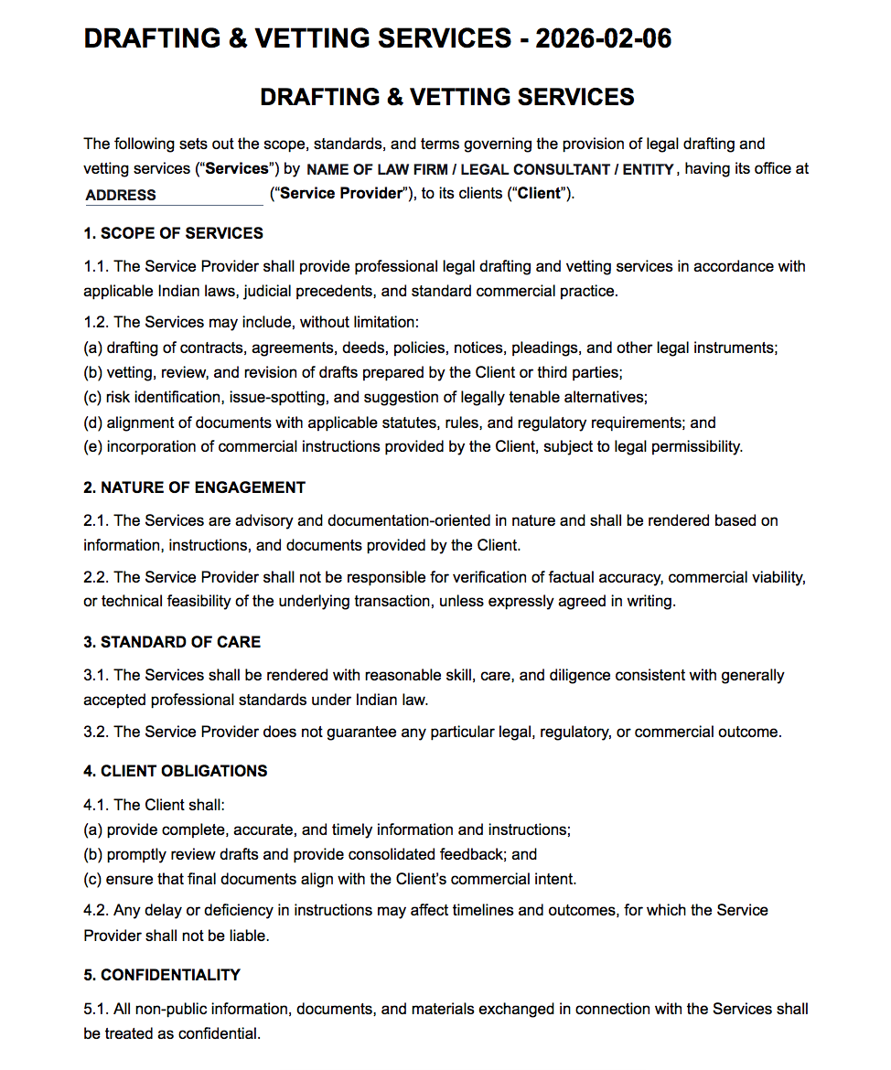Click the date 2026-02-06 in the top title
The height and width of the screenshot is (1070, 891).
604,38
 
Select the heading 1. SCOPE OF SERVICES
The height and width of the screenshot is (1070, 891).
173,233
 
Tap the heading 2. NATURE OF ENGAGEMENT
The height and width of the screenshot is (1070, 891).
194,487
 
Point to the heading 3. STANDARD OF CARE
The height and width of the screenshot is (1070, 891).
172,642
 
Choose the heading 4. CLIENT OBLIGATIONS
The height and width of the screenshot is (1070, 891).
175,771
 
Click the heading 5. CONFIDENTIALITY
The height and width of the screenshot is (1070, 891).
161,975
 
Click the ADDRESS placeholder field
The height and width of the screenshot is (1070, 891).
172,195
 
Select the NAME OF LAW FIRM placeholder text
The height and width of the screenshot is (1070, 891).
490,169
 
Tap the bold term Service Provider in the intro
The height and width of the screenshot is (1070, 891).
341,194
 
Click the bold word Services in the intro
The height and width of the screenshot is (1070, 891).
238,169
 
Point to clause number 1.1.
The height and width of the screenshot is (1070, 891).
96,267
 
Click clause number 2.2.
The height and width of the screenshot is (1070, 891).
96,578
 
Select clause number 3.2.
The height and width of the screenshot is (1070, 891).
96,732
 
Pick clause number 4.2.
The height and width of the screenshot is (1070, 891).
96,911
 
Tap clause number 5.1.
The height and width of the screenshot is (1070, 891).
96,1010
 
